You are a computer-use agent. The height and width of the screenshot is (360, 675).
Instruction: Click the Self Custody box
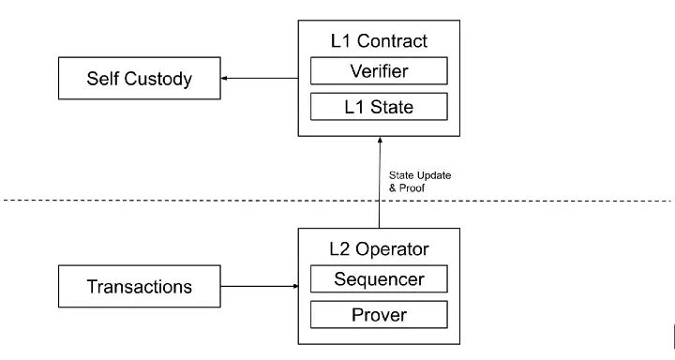point(140,79)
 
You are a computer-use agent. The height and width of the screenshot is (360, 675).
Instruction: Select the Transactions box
point(140,286)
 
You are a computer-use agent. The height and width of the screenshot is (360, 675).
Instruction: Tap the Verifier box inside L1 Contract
point(379,71)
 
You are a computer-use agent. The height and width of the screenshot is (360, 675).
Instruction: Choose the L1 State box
point(379,107)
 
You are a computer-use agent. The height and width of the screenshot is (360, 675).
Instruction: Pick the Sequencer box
point(379,279)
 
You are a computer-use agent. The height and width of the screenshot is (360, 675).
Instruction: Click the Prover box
point(379,315)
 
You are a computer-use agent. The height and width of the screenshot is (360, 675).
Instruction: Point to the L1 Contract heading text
point(379,41)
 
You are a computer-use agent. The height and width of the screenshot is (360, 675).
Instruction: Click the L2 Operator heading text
point(379,249)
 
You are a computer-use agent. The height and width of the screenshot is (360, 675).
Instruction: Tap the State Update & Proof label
point(420,181)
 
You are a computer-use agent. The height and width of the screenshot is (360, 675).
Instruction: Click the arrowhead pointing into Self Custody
point(224,79)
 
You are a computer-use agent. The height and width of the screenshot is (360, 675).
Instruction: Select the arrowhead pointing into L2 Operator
point(295,286)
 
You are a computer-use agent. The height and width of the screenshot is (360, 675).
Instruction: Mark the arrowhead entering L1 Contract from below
point(380,140)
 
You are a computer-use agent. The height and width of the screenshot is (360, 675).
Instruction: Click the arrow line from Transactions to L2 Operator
point(260,286)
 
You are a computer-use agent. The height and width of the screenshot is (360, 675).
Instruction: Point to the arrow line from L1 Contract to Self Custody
point(260,79)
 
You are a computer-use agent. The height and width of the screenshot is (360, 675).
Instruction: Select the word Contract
point(392,41)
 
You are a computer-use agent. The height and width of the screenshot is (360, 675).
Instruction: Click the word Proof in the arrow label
point(412,187)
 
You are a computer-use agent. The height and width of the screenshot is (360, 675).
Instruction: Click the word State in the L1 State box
point(392,107)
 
